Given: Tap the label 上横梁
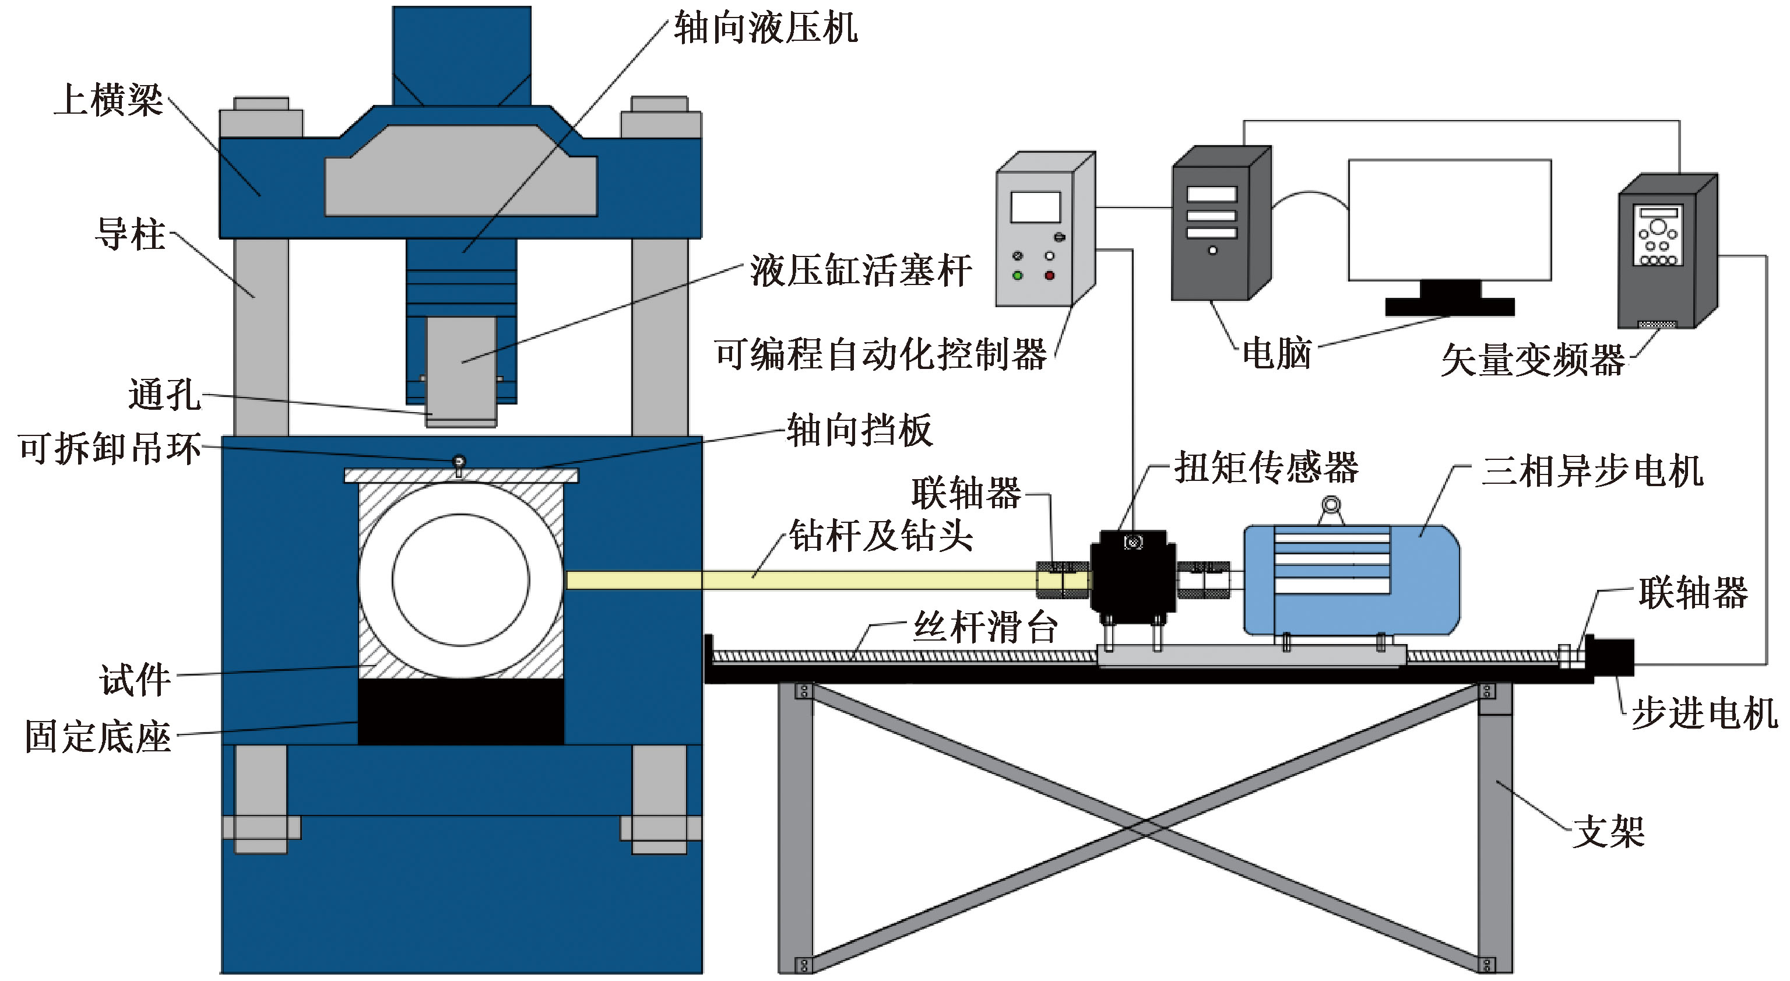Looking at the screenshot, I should [x=109, y=100].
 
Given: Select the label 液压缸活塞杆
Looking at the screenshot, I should [x=861, y=270].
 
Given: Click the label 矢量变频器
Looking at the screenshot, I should [x=1533, y=360].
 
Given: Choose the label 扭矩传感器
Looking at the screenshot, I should [x=1267, y=467].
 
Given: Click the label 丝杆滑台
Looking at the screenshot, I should [x=985, y=627].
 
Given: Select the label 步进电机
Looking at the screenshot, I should [x=1704, y=713].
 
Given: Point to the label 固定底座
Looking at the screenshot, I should [x=98, y=736].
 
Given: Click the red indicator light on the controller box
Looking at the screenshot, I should [x=1049, y=276].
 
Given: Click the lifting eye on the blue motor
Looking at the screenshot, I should [x=1331, y=505].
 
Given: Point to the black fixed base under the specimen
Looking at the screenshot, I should [x=460, y=712].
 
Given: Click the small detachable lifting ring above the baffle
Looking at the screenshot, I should [x=459, y=461].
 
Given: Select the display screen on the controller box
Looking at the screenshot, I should [x=1035, y=207].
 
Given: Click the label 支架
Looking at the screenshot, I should [x=1609, y=832].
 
